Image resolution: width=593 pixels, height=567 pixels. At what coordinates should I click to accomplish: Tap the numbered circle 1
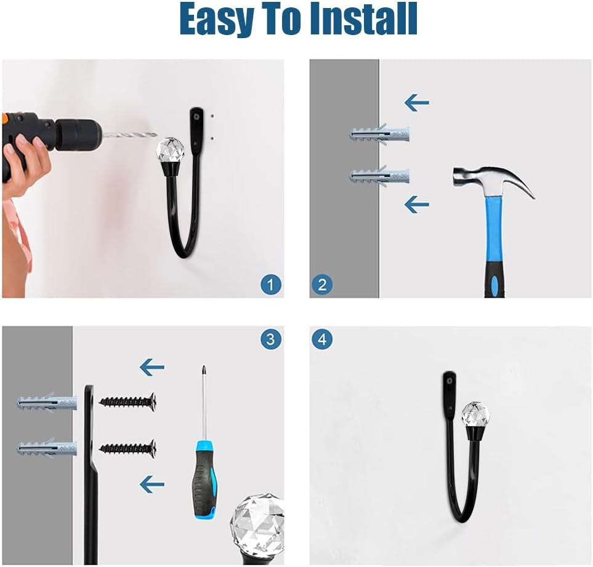click(271, 285)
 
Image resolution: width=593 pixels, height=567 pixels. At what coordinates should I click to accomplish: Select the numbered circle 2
click(322, 285)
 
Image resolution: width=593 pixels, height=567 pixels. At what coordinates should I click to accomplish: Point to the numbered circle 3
click(271, 339)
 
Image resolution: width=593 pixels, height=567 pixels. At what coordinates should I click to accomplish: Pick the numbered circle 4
click(322, 339)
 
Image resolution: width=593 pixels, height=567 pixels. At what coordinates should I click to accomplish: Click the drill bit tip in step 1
click(156, 135)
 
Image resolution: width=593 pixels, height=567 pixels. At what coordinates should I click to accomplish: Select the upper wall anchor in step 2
click(379, 135)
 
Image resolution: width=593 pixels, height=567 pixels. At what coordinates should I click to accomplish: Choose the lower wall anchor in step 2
click(379, 176)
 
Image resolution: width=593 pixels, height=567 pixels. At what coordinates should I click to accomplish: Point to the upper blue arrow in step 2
click(417, 102)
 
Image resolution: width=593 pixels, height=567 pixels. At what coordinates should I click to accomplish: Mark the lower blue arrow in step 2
click(417, 205)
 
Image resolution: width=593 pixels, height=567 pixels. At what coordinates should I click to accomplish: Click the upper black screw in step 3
click(128, 402)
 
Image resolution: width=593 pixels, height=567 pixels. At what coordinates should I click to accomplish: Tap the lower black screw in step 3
click(128, 448)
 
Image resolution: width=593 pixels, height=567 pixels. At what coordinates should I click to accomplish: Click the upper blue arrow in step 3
click(152, 367)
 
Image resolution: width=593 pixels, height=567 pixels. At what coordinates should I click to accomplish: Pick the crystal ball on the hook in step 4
click(476, 414)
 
